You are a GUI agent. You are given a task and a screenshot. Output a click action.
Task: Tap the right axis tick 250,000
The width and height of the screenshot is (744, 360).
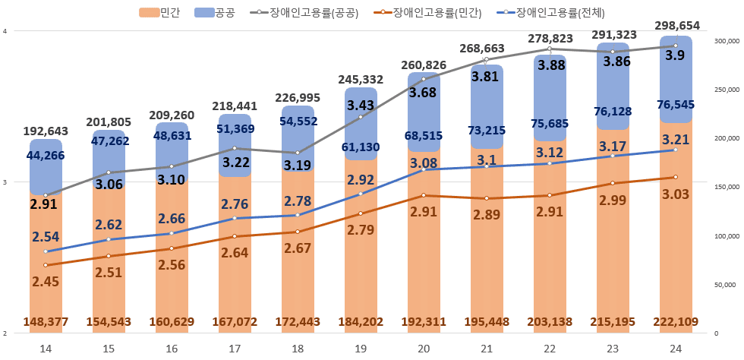pyautogui.click(x=725, y=90)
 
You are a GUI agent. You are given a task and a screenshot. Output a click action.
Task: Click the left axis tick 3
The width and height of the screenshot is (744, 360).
pyautogui.click(x=5, y=182)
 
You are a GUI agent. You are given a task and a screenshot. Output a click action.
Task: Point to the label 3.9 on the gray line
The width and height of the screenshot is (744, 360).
pyautogui.click(x=673, y=55)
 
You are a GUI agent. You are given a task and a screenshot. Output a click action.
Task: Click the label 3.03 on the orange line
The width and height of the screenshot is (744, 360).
pyautogui.click(x=675, y=194)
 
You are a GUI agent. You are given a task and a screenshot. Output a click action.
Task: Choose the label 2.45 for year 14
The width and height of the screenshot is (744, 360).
pyautogui.click(x=46, y=281)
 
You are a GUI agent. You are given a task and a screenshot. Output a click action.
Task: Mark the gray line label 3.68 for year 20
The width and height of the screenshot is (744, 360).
pyautogui.click(x=424, y=93)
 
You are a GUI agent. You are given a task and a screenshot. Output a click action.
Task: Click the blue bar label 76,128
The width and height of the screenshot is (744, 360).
pyautogui.click(x=613, y=112)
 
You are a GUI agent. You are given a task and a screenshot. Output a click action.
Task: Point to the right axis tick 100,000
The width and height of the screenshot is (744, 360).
pyautogui.click(x=725, y=236)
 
